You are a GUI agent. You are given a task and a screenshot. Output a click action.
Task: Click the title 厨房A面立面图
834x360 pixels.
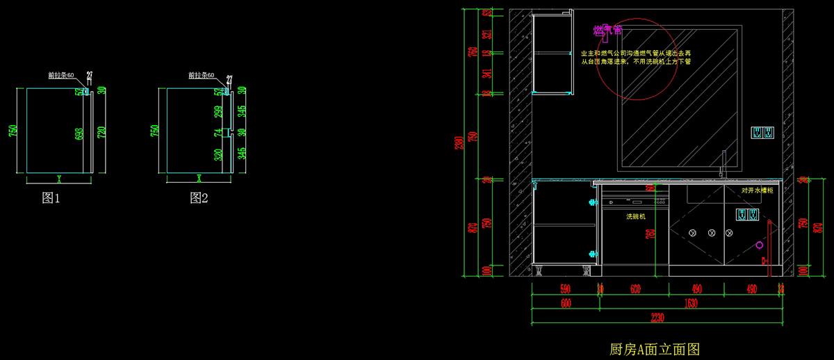pyautogui.click(x=653, y=349)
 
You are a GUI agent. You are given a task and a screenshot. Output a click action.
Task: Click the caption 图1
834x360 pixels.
pyautogui.click(x=51, y=198)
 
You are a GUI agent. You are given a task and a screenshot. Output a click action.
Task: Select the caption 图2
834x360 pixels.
pyautogui.click(x=199, y=198)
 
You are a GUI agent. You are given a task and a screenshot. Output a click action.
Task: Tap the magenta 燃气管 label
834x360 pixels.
pyautogui.click(x=607, y=31)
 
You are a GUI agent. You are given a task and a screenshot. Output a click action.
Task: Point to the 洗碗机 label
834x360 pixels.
pyautogui.click(x=636, y=217)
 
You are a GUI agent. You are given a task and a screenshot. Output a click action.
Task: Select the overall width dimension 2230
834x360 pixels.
pyautogui.click(x=658, y=318)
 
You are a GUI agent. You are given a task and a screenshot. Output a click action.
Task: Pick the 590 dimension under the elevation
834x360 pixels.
pyautogui.click(x=564, y=289)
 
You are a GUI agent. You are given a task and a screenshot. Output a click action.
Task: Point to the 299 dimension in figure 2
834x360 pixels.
pyautogui.click(x=218, y=111)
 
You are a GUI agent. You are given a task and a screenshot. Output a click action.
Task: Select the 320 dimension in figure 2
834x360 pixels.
pyautogui.click(x=218, y=154)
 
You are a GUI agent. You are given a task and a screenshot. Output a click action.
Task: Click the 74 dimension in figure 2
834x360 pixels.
pyautogui.click(x=218, y=132)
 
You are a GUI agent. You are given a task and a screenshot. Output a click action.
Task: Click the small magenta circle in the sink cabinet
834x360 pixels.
pyautogui.click(x=759, y=245)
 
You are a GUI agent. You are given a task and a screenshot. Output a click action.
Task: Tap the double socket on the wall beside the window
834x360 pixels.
pyautogui.click(x=762, y=132)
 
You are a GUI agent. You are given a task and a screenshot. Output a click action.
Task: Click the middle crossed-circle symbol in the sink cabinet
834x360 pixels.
pyautogui.click(x=711, y=233)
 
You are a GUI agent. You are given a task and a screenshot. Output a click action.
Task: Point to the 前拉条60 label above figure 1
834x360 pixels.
pyautogui.click(x=61, y=75)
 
